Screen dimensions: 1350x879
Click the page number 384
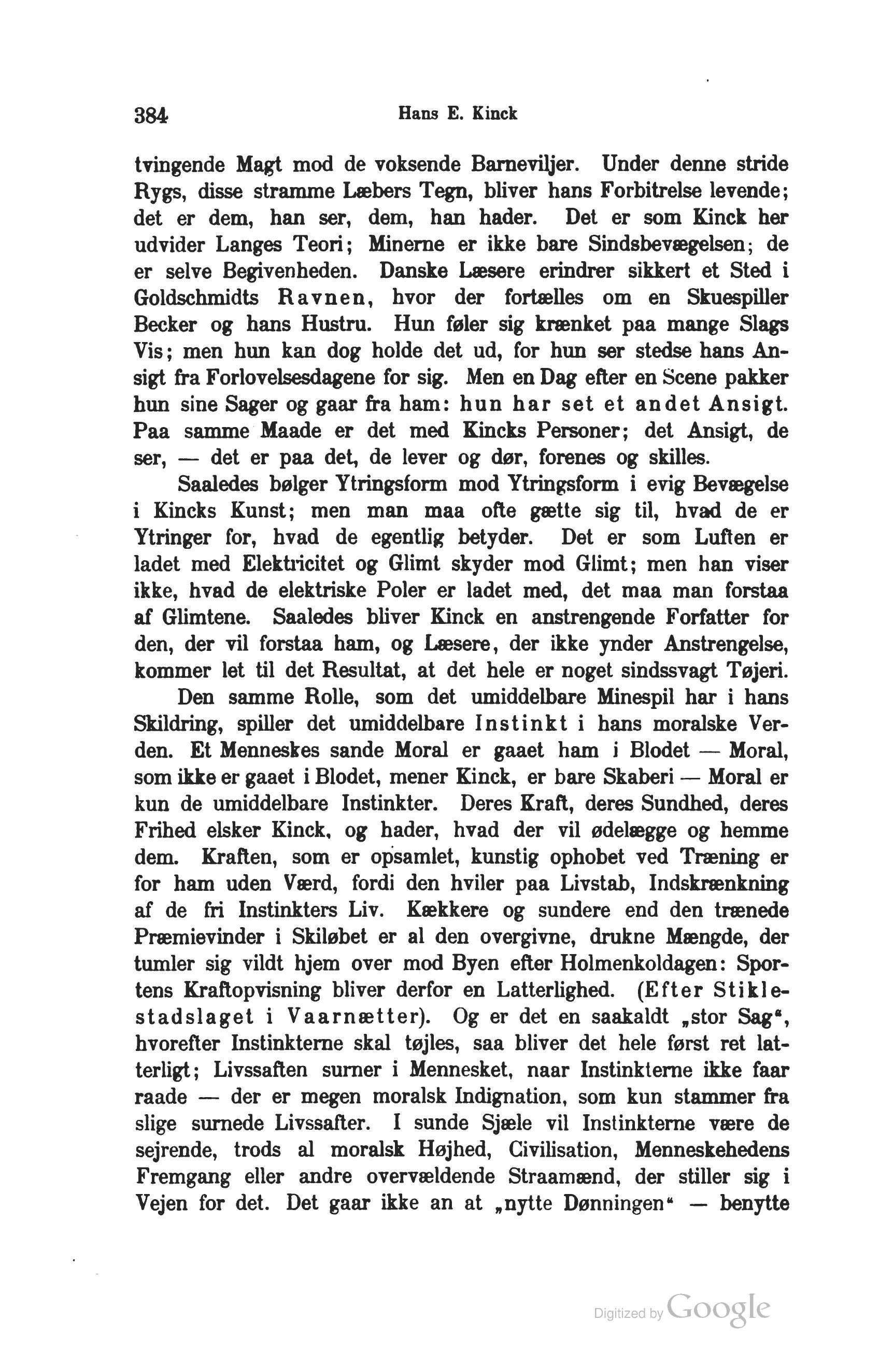[x=151, y=116]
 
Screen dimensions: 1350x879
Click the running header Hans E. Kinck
[x=458, y=113]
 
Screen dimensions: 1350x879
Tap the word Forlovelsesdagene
[x=290, y=377]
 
